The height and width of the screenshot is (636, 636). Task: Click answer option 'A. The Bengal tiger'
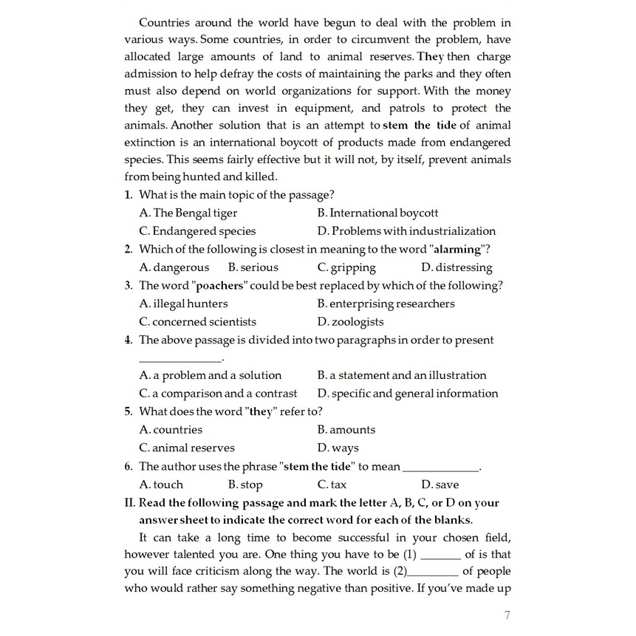[x=188, y=213]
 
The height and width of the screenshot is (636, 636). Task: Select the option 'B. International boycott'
[x=377, y=213]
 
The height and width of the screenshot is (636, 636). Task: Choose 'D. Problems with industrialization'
[x=406, y=231]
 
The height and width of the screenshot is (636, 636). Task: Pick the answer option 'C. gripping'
[x=346, y=267]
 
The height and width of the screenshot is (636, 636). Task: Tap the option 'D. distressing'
[x=457, y=267]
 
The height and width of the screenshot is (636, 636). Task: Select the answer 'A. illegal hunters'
[x=183, y=304]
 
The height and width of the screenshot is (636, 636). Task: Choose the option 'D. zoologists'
[x=350, y=322]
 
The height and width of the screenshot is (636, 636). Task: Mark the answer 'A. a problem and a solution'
[x=211, y=375]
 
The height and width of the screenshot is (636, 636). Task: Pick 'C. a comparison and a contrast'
[x=218, y=394]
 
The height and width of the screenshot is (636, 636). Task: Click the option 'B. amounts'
[x=346, y=430]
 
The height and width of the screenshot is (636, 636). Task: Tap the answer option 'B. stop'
[x=245, y=485]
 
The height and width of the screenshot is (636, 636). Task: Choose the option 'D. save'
[x=440, y=485]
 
